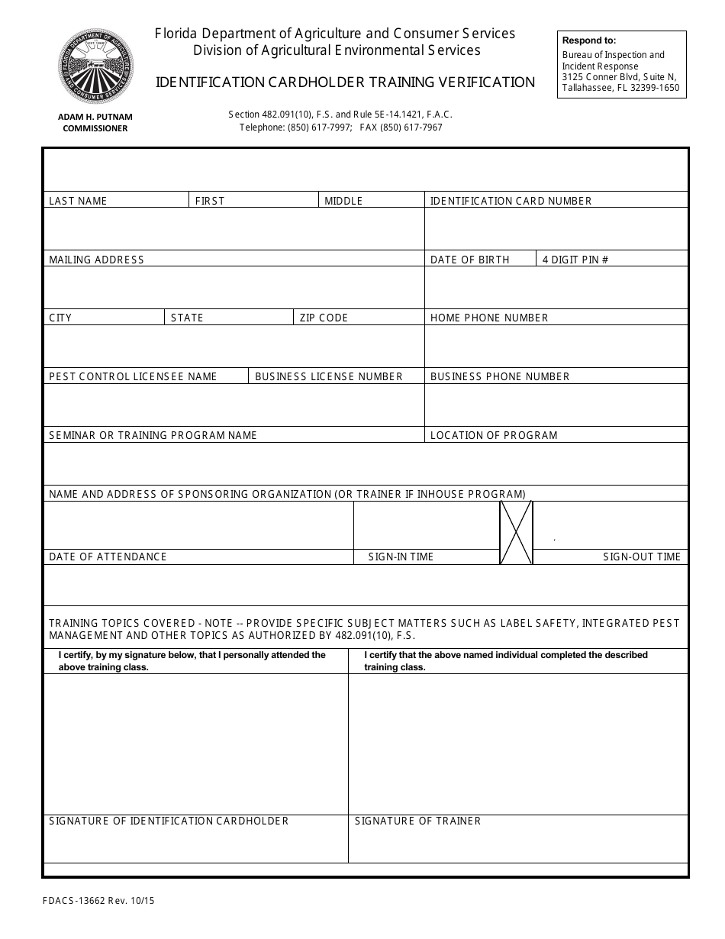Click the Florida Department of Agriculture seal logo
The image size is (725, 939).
click(95, 66)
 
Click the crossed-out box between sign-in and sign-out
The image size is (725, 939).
click(516, 533)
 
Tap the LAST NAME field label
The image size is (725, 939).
click(78, 201)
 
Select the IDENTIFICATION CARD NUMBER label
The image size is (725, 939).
click(511, 201)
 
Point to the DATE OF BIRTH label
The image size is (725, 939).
click(469, 260)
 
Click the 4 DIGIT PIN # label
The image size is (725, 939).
click(575, 260)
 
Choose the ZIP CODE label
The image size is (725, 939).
click(324, 318)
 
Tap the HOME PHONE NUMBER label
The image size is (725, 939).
click(489, 318)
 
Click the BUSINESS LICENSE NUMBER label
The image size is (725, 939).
click(328, 376)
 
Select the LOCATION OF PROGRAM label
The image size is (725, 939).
click(494, 435)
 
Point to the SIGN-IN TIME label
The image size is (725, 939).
click(401, 557)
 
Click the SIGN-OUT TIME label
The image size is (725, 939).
click(641, 557)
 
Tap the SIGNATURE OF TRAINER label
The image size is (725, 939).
click(417, 821)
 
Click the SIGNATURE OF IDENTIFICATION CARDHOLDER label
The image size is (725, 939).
click(169, 821)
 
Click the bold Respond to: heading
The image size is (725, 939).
click(588, 40)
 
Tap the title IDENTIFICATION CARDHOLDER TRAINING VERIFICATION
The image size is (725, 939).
click(345, 82)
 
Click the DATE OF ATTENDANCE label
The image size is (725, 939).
click(108, 557)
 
